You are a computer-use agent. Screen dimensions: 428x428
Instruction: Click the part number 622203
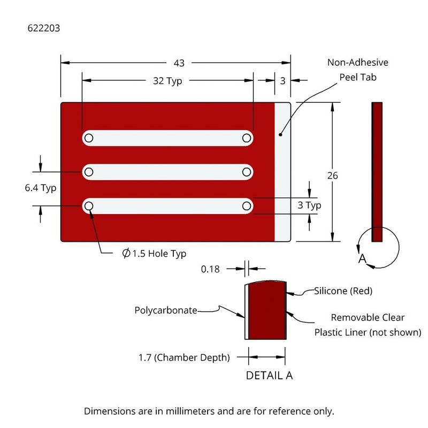click(x=43, y=28)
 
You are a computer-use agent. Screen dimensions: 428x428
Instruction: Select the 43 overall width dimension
click(x=179, y=63)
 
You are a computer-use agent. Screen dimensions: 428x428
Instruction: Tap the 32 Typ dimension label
click(x=167, y=81)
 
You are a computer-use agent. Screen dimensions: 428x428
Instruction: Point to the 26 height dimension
click(x=333, y=175)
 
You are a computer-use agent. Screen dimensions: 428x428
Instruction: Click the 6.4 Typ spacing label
click(x=41, y=188)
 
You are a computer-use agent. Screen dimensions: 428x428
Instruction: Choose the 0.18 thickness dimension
click(x=210, y=269)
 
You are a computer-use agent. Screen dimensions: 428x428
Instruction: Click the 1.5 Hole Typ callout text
click(x=155, y=254)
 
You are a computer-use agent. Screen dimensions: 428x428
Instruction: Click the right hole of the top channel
click(x=247, y=138)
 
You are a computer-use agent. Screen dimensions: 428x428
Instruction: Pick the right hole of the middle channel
click(x=247, y=172)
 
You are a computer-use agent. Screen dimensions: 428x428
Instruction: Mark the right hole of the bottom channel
click(x=247, y=205)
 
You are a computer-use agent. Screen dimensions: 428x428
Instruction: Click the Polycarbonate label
click(x=166, y=310)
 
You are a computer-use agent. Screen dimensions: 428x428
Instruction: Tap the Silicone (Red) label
click(x=343, y=291)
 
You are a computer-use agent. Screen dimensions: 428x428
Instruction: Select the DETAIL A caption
click(x=269, y=376)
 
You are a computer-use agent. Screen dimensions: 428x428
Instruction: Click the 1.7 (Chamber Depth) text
click(x=184, y=357)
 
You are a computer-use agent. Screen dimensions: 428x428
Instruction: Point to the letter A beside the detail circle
click(x=362, y=259)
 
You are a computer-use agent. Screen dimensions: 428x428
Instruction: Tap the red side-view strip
click(x=377, y=171)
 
